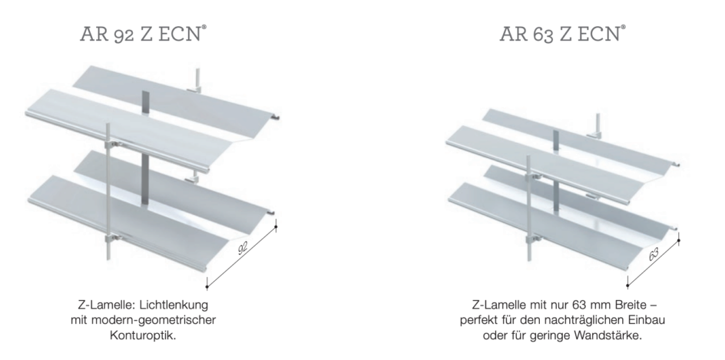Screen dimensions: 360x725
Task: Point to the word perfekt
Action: pos(482,320)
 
